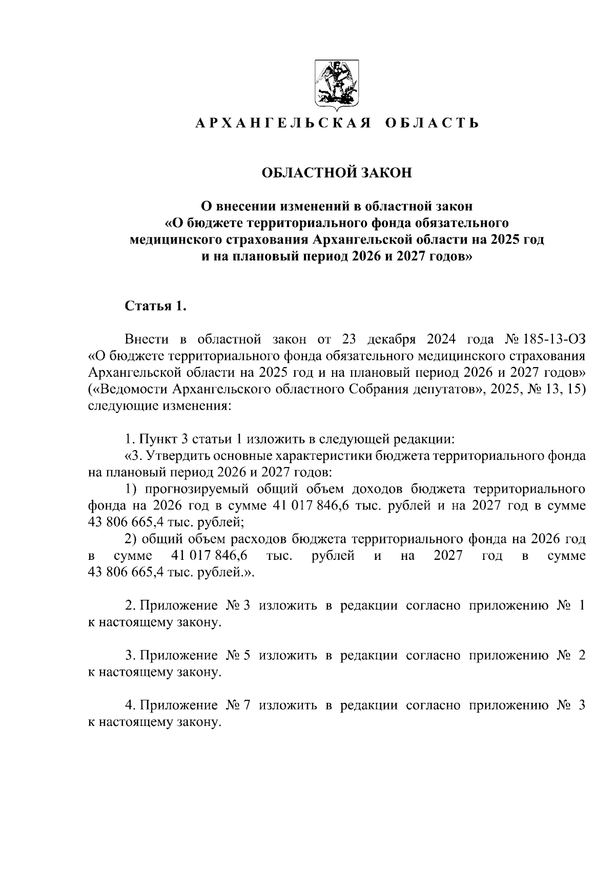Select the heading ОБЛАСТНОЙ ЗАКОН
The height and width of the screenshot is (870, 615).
[x=337, y=173]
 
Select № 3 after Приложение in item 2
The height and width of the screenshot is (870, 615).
[x=238, y=605]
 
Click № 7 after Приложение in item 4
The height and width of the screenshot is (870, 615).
[x=238, y=705]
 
